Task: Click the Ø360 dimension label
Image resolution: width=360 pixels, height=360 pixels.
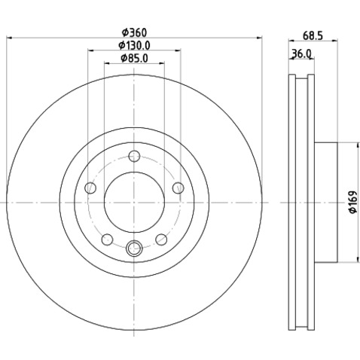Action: click(x=134, y=32)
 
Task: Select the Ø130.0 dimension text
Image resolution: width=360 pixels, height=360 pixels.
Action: click(x=134, y=45)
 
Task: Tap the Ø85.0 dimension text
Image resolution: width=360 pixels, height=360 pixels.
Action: click(x=134, y=58)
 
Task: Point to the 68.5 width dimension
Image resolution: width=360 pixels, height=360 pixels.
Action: click(x=313, y=35)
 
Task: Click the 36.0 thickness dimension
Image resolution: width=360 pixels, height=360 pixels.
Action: click(x=301, y=53)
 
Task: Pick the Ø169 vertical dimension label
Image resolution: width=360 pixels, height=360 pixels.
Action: click(x=353, y=202)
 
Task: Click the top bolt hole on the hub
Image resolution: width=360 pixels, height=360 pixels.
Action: click(x=134, y=156)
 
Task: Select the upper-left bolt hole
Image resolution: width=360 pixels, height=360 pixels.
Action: click(x=90, y=188)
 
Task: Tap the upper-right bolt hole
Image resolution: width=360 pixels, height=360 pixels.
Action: click(x=178, y=188)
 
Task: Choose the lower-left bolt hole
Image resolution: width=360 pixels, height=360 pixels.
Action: click(x=107, y=239)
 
